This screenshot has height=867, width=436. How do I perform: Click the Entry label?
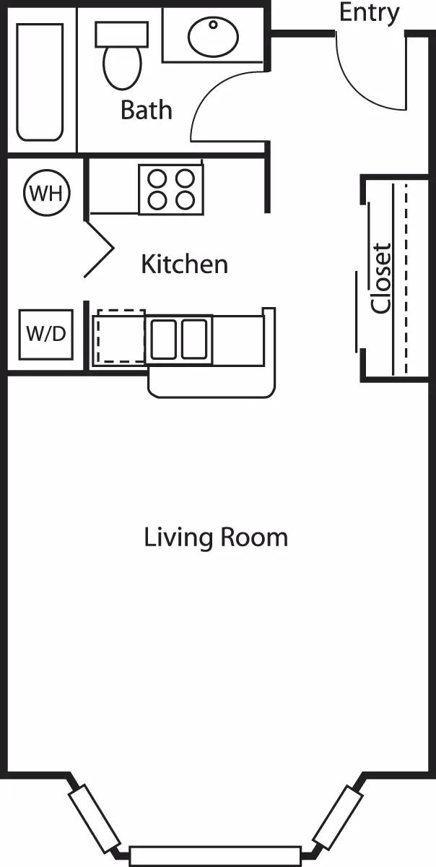369,12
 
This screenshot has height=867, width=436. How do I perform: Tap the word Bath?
147,110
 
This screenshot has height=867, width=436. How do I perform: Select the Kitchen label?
184,264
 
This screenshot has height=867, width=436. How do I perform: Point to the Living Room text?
216,538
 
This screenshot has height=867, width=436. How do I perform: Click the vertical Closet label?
381,277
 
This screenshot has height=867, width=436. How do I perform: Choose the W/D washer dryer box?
45,334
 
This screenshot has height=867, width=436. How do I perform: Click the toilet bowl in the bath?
122,67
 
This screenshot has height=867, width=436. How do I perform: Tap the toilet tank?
122,33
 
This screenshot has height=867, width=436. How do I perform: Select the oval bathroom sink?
214,35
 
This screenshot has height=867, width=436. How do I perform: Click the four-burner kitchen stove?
171,189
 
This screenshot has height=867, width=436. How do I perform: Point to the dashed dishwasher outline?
121,337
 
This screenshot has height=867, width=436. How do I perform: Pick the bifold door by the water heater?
100,249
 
